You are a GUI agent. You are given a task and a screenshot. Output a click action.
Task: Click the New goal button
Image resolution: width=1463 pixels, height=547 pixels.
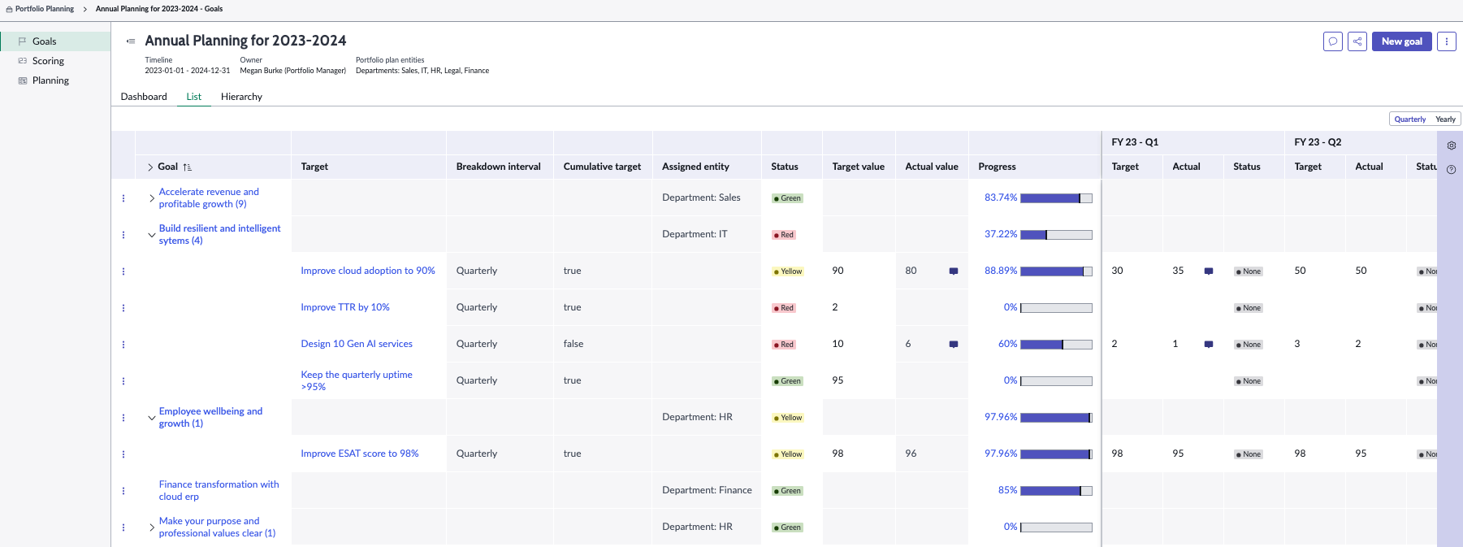coord(1401,41)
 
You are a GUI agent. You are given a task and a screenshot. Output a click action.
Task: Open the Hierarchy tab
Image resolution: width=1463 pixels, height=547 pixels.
coord(241,97)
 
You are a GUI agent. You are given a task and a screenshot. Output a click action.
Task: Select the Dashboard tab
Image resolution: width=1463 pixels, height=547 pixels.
coord(144,97)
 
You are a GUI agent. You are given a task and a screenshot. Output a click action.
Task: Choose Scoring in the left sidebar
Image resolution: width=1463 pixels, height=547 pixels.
coord(48,61)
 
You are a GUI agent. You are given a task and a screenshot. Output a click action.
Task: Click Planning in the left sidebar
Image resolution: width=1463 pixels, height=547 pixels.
coord(50,80)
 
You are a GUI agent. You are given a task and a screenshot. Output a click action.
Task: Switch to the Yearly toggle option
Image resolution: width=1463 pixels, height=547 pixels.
coord(1445,119)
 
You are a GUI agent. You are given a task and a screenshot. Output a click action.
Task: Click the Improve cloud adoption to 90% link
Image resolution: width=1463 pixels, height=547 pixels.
coord(368,271)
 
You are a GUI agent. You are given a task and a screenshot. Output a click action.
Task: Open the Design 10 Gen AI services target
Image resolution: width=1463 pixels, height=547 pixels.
coord(357,344)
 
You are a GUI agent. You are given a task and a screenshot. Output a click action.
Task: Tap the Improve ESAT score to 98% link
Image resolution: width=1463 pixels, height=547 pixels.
coord(360,454)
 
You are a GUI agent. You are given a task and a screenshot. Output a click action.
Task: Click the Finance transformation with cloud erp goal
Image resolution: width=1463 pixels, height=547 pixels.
coord(219,490)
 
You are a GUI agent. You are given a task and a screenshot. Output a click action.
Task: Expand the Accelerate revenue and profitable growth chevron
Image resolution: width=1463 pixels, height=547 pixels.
coord(151,198)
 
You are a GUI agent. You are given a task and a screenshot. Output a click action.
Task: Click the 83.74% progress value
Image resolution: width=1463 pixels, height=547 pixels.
coord(1001,198)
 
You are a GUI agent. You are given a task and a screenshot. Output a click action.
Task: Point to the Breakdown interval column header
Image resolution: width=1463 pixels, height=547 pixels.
coord(498,167)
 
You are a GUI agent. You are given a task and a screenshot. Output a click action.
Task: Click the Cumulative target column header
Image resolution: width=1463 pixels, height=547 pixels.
coord(602,167)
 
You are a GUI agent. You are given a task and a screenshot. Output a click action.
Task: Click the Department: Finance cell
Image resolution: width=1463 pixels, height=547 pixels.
coord(707,490)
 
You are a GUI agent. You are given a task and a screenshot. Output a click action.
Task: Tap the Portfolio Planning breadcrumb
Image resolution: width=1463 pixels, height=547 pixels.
coord(45,9)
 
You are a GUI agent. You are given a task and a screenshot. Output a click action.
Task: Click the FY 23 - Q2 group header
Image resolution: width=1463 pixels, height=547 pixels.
coord(1318,142)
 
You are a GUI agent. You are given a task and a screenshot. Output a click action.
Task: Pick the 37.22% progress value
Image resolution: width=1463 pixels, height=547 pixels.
coord(1001,234)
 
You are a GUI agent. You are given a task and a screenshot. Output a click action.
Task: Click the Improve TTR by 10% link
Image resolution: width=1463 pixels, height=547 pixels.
coord(345,307)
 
